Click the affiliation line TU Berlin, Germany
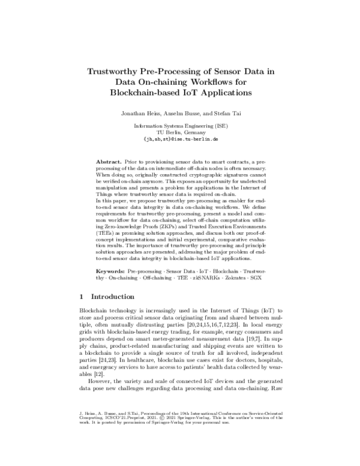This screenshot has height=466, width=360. [x=180, y=132]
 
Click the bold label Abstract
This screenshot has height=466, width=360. [x=109, y=163]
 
